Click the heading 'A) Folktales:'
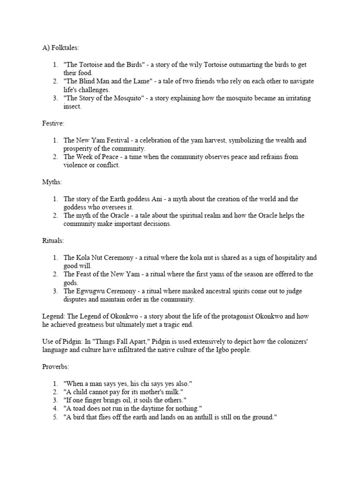pos(59,48)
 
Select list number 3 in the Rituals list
pos(55,291)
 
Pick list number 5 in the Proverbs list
pos(55,417)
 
